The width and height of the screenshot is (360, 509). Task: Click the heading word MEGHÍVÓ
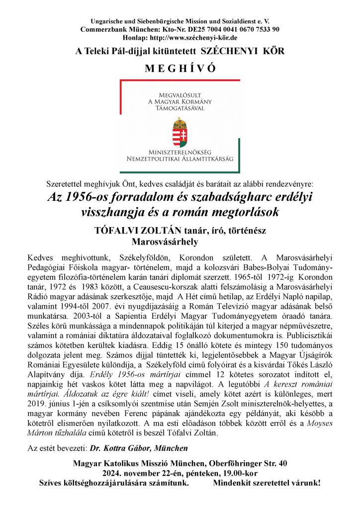(180, 68)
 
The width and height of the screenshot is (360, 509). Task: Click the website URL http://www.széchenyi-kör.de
(199, 37)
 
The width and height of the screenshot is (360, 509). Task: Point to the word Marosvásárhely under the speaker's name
(165, 242)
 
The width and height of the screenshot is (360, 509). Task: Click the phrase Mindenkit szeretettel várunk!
(267, 482)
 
